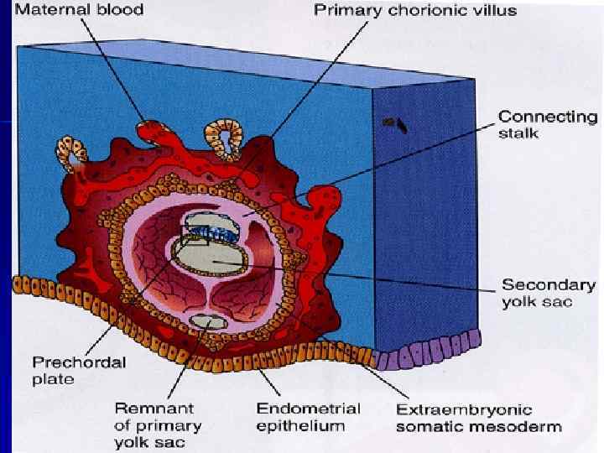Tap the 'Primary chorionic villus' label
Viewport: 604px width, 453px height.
tap(414, 11)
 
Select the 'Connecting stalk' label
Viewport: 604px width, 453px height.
tap(547, 125)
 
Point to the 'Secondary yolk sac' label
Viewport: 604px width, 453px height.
tap(548, 293)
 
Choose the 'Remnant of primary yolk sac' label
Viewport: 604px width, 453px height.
tap(154, 424)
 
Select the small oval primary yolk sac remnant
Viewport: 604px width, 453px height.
tap(203, 320)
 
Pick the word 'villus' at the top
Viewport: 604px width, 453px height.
tap(495, 11)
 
